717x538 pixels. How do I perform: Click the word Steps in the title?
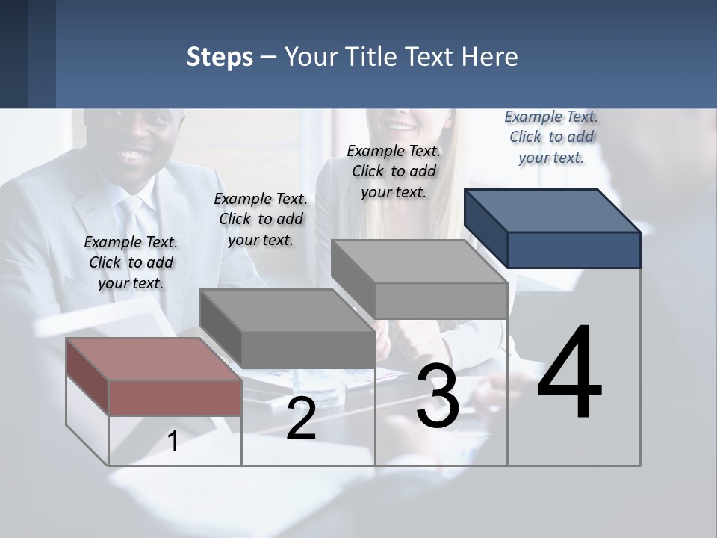click(219, 58)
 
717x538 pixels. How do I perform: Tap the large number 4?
click(569, 373)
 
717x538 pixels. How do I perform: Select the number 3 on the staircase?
click(438, 396)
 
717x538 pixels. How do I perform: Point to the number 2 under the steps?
click(301, 419)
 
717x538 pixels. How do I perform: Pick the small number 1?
click(173, 442)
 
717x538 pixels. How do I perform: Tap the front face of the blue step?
click(574, 250)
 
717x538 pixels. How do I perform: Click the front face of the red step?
click(175, 398)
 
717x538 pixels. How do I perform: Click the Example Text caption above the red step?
click(131, 262)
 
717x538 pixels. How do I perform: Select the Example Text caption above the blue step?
click(551, 137)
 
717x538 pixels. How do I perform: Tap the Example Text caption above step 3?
click(394, 171)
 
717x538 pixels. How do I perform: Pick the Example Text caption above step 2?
click(261, 219)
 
